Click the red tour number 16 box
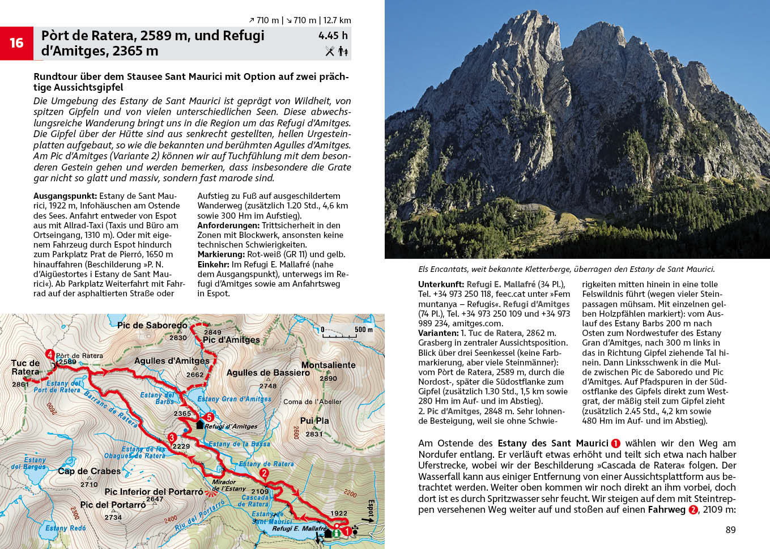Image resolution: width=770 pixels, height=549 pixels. click(x=16, y=43)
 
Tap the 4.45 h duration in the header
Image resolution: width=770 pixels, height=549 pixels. click(x=333, y=36)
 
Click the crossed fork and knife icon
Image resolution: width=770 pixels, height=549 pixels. click(x=330, y=51)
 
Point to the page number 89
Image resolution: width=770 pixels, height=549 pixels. click(x=730, y=530)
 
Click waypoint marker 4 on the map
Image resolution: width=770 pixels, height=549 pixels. click(x=50, y=355)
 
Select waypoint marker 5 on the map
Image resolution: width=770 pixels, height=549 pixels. click(x=209, y=418)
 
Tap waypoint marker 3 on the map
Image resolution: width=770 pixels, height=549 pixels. click(x=172, y=437)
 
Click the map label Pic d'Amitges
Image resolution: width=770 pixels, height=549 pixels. click(x=231, y=340)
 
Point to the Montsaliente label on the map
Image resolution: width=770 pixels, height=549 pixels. click(x=328, y=365)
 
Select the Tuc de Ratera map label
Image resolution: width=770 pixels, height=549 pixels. click(x=25, y=367)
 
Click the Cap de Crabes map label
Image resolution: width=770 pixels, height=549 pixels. click(x=89, y=471)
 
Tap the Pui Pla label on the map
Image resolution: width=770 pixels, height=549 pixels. click(x=314, y=420)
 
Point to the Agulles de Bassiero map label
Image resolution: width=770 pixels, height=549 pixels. click(x=268, y=373)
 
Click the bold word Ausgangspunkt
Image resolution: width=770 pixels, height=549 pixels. click(x=65, y=196)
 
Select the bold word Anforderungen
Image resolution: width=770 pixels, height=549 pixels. click(x=228, y=225)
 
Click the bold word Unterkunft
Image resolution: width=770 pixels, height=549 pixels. click(x=441, y=284)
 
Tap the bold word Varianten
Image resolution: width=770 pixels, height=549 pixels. click(x=438, y=333)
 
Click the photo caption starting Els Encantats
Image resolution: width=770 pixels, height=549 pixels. click(x=567, y=269)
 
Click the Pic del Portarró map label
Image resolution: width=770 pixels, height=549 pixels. click(x=113, y=505)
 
